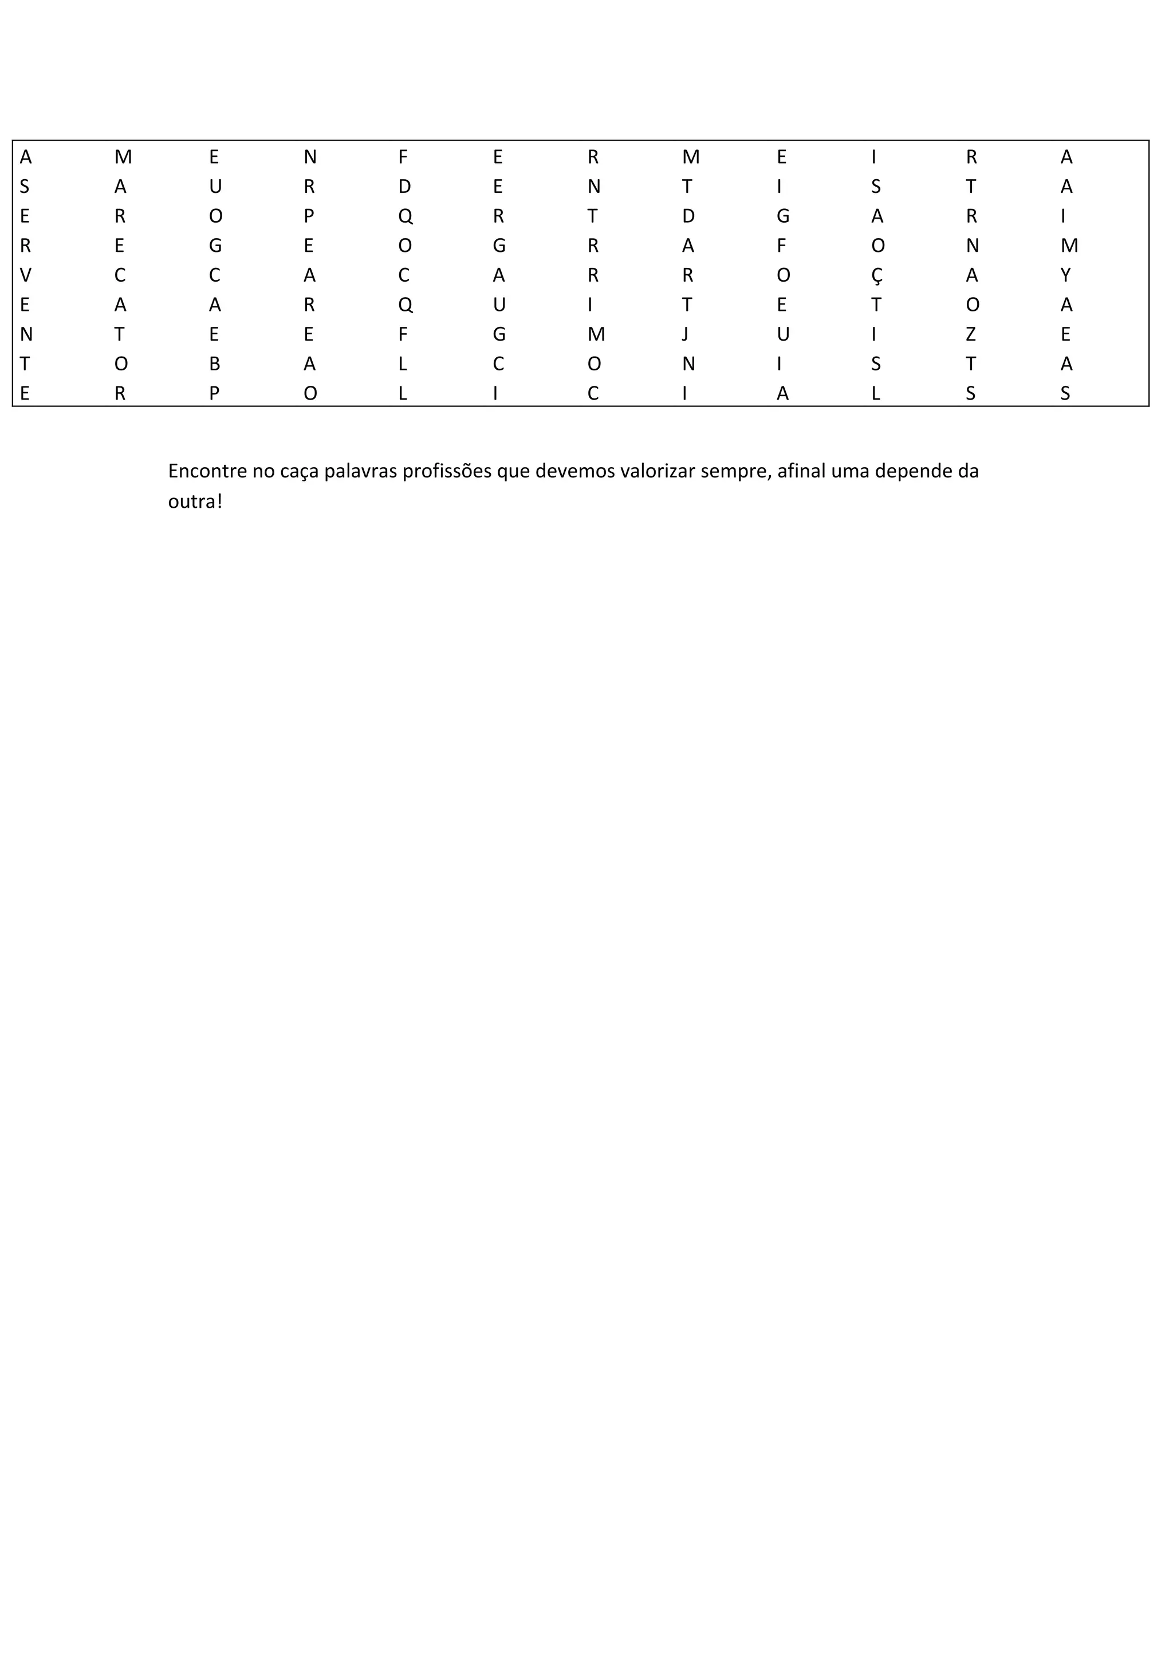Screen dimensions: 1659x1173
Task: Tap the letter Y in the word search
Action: tap(1065, 275)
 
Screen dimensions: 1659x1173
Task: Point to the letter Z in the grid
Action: tap(971, 334)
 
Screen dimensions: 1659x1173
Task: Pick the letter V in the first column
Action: tap(25, 275)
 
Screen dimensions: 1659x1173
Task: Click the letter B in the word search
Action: tap(215, 364)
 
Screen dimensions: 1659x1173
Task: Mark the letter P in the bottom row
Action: tap(215, 394)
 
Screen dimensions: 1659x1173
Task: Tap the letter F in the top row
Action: tap(403, 157)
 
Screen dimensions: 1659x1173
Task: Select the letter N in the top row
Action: tap(309, 157)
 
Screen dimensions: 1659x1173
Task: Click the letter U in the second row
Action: tap(215, 187)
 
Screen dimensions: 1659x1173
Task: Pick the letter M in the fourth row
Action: tap(1069, 246)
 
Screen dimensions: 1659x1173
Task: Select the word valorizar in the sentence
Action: tap(657, 471)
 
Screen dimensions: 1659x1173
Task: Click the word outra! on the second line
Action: tap(194, 501)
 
